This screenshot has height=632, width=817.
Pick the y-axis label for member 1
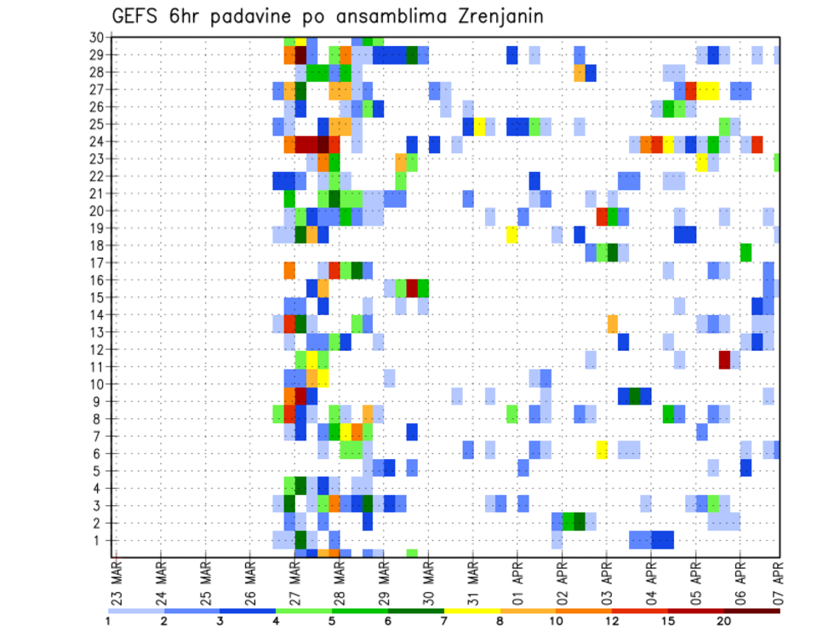[x=99, y=540]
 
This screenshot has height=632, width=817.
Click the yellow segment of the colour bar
[x=472, y=610]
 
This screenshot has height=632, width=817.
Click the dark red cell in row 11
[x=724, y=359]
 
